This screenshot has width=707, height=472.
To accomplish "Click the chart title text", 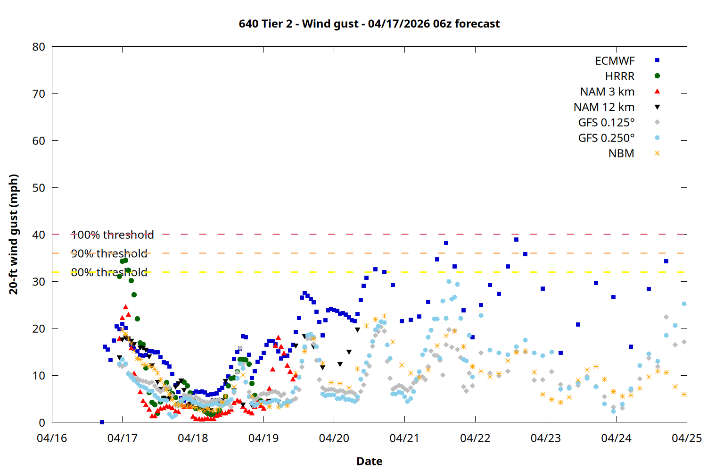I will pyautogui.click(x=369, y=24).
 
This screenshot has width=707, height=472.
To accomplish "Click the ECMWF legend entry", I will pyautogui.click(x=615, y=61).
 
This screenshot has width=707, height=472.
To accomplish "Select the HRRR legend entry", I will pyautogui.click(x=620, y=76).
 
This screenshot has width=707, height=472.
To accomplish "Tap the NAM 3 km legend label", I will pyautogui.click(x=607, y=92).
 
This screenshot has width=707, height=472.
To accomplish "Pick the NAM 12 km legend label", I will pyautogui.click(x=604, y=107).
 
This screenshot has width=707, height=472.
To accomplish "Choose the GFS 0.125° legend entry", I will pyautogui.click(x=606, y=123).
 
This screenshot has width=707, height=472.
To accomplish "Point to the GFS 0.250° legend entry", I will pyautogui.click(x=606, y=138).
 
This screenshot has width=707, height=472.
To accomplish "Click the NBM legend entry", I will pyautogui.click(x=621, y=153).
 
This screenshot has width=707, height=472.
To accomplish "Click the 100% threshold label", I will pyautogui.click(x=112, y=235).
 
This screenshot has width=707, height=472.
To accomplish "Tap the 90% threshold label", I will pyautogui.click(x=109, y=253).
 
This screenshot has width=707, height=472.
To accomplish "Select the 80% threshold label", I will pyautogui.click(x=109, y=272).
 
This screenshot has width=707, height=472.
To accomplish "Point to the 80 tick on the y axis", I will pyautogui.click(x=39, y=47).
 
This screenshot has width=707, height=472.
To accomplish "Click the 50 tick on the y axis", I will pyautogui.click(x=39, y=187).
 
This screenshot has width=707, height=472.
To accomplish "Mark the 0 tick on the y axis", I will pyautogui.click(x=42, y=422).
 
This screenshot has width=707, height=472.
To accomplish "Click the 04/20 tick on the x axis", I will pyautogui.click(x=334, y=438).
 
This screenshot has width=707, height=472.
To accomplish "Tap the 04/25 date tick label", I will pyautogui.click(x=686, y=438).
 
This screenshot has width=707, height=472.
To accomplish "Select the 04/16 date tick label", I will pyautogui.click(x=52, y=438).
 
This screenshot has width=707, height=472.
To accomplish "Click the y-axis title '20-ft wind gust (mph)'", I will pyautogui.click(x=14, y=234).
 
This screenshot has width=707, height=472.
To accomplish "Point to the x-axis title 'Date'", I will pyautogui.click(x=369, y=461).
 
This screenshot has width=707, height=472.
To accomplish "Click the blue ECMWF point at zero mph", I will pyautogui.click(x=102, y=422).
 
